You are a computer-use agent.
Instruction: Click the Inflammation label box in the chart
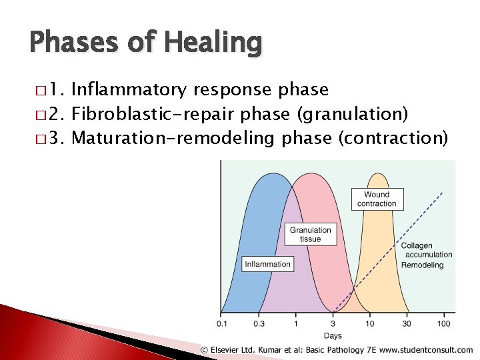pos(267,264)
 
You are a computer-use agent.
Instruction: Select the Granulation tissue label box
pos(310,235)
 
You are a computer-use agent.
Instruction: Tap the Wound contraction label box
pos(377,199)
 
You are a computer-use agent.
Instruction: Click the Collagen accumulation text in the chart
pos(426,250)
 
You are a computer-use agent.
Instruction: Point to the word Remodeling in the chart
pos(422,265)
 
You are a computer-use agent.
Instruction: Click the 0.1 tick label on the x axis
pos(221,324)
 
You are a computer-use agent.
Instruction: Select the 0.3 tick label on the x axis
pos(259,324)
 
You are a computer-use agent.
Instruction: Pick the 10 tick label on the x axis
pos(370,324)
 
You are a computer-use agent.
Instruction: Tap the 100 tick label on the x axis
pos(443,324)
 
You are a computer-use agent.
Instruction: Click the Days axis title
pos(333,335)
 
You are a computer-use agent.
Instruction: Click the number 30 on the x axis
pos(407,324)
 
